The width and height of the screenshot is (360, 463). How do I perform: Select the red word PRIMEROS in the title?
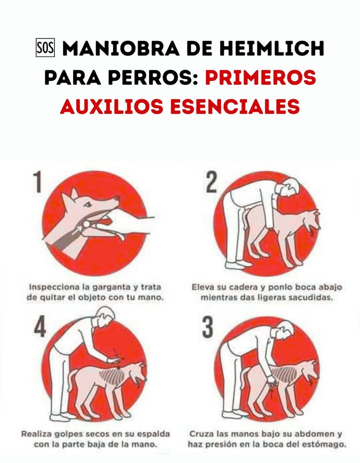point(261,77)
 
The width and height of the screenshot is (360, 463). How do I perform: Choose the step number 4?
point(40,327)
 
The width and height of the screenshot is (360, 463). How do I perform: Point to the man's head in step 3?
point(284,331)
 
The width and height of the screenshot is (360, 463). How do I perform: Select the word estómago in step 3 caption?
point(323,443)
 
